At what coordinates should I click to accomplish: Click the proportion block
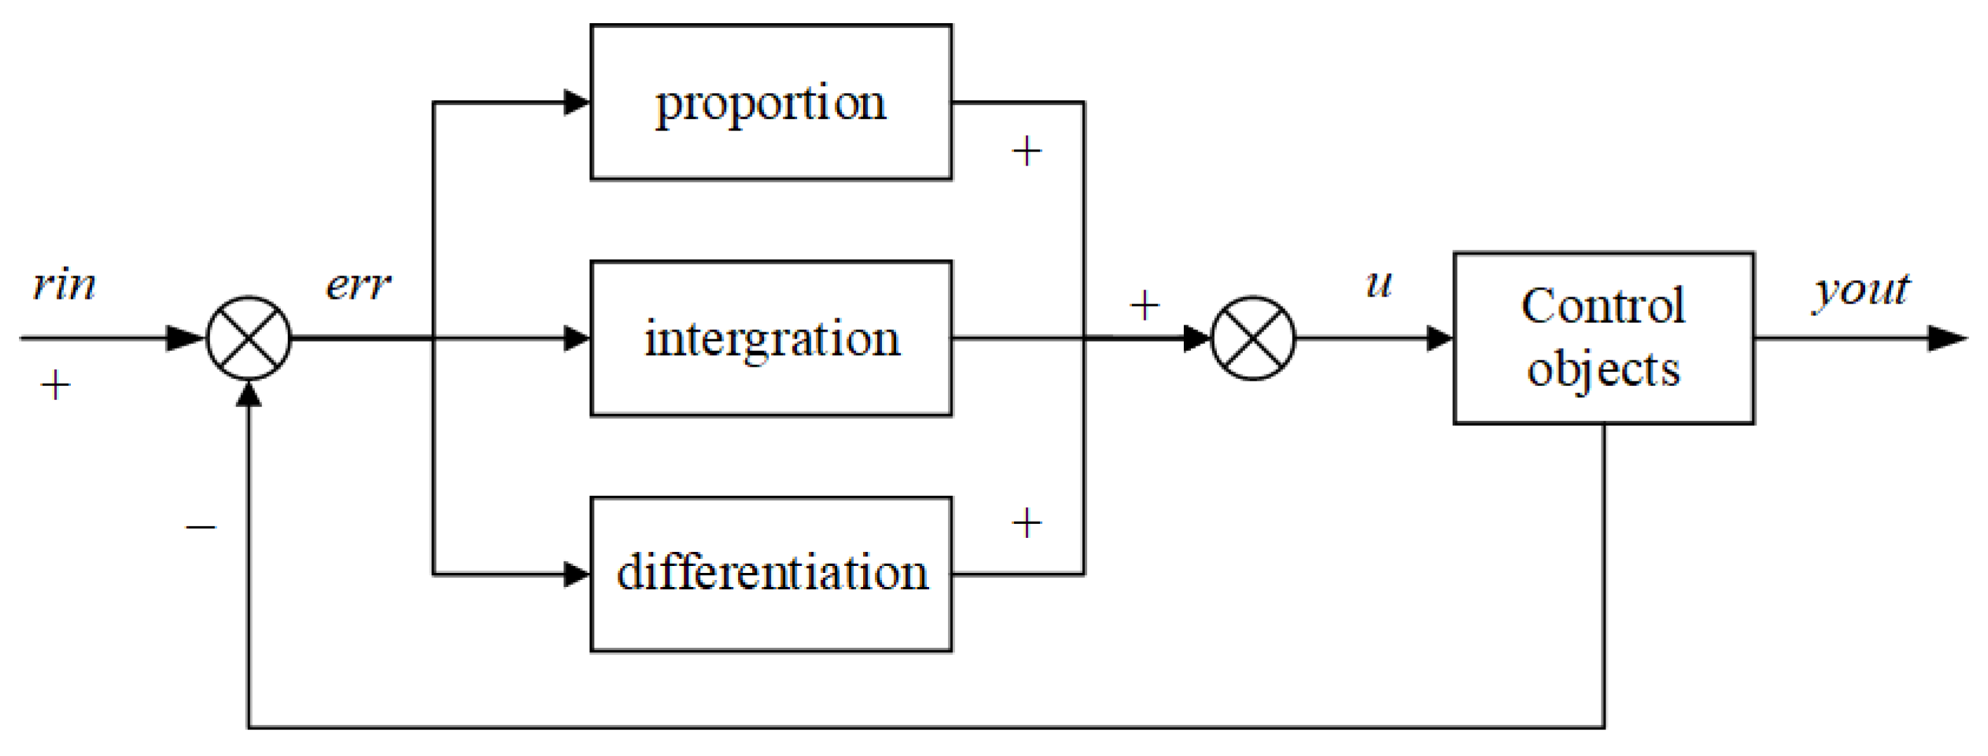[x=770, y=102]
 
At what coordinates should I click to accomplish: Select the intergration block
[x=770, y=338]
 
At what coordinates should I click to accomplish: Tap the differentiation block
[x=770, y=574]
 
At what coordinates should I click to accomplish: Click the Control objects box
[x=1603, y=337]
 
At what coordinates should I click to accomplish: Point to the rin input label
[x=64, y=285]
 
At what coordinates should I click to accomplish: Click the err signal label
[x=358, y=285]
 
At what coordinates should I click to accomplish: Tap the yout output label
[x=1860, y=290]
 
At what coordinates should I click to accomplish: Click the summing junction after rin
[x=248, y=338]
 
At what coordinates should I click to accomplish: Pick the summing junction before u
[x=1253, y=338]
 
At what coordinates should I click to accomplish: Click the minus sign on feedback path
[x=201, y=527]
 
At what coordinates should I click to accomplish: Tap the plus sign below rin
[x=55, y=385]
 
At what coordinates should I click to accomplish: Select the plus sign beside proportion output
[x=1027, y=151]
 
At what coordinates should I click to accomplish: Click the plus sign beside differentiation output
[x=1027, y=524]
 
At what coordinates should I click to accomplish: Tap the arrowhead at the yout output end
[x=1947, y=338]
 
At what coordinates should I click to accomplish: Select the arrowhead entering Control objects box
[x=1439, y=338]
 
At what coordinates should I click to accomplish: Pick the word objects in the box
[x=1603, y=369]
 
